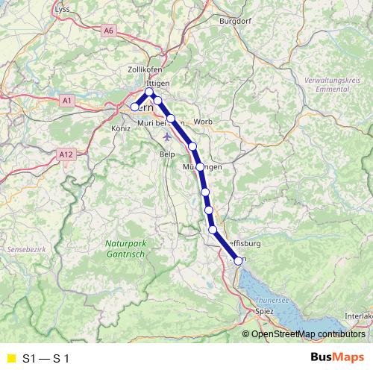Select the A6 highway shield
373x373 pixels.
click(x=110, y=30)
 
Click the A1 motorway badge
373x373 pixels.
click(x=67, y=99)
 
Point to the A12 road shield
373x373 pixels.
click(x=66, y=154)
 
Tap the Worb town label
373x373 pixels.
click(x=203, y=122)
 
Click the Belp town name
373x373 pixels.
click(x=167, y=153)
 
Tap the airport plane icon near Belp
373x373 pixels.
click(x=166, y=137)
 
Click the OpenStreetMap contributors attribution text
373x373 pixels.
click(x=307, y=334)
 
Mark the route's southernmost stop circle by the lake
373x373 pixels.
click(x=239, y=260)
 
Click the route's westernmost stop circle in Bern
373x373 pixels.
click(x=135, y=107)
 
